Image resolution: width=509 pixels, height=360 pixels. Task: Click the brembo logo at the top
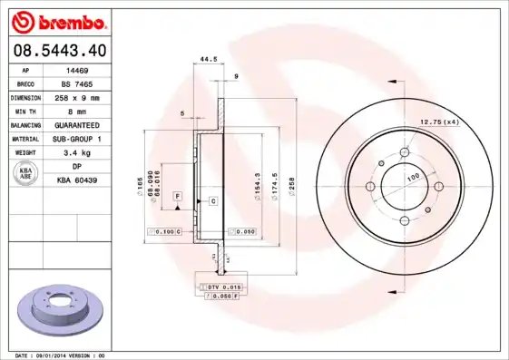tap(57, 20)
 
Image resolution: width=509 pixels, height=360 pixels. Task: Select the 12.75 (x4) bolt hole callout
tap(438, 122)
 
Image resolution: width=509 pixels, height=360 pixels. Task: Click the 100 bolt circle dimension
tap(412, 178)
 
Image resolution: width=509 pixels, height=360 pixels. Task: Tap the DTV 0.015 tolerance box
tap(218, 287)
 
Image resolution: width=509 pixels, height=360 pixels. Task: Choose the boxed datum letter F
tap(177, 196)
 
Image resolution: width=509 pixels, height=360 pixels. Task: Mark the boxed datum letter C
tap(213, 199)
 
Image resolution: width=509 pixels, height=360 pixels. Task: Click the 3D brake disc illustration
tap(62, 309)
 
